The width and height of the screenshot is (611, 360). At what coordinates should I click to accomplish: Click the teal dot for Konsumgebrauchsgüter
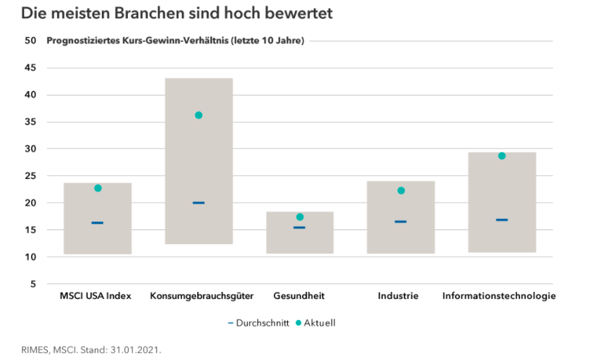click(x=199, y=115)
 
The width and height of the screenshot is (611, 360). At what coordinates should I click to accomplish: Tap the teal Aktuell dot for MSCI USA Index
click(x=98, y=188)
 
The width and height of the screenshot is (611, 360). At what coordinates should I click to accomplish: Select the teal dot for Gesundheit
click(x=300, y=217)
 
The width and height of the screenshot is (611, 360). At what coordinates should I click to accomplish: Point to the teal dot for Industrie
click(x=401, y=190)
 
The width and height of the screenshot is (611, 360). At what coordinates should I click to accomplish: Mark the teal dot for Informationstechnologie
click(x=501, y=156)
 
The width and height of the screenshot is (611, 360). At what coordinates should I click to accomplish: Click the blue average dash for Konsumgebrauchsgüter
click(x=199, y=203)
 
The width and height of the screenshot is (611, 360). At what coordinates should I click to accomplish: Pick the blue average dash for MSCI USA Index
click(x=98, y=222)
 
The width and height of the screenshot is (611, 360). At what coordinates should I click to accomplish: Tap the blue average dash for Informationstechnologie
click(x=501, y=220)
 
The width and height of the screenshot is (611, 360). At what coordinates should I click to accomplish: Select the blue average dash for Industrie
click(x=401, y=222)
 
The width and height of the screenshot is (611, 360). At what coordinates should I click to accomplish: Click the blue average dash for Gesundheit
click(x=300, y=227)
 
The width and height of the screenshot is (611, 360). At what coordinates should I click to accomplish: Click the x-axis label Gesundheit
click(x=299, y=296)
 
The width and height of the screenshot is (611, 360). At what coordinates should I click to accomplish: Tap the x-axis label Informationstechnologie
click(x=499, y=296)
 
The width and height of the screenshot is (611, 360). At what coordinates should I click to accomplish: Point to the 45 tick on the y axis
click(x=30, y=68)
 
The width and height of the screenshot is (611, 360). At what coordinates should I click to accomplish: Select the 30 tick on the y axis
click(x=30, y=149)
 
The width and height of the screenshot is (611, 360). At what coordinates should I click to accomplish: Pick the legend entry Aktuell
click(x=320, y=323)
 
